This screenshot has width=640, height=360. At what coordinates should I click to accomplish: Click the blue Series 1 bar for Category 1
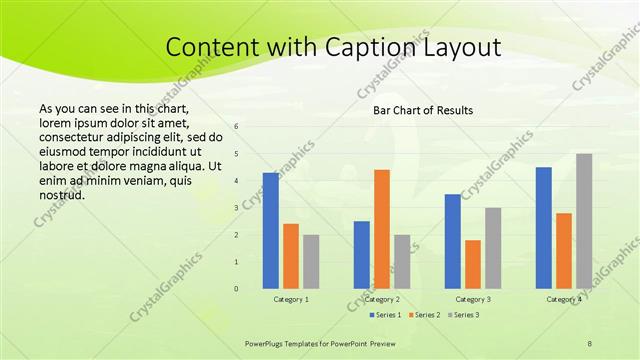click(271, 231)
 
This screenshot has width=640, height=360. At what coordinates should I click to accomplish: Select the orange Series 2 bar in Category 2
click(381, 229)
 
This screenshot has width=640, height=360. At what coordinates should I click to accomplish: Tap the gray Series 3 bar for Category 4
click(584, 221)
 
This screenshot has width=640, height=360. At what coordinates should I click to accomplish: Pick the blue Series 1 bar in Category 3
click(453, 241)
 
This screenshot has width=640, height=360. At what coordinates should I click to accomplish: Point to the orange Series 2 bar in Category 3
click(473, 264)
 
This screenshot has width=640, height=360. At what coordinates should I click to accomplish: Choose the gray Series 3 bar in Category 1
click(311, 262)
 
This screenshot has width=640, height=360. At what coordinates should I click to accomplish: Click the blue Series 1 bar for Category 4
click(544, 228)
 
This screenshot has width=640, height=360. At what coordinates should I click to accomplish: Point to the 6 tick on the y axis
click(237, 127)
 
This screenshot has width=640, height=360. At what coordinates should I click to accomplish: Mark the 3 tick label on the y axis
click(237, 208)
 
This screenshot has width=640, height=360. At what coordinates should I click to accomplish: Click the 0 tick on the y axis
click(237, 289)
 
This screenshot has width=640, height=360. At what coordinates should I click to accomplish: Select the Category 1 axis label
click(291, 299)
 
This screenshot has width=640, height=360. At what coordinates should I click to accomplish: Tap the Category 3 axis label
click(473, 299)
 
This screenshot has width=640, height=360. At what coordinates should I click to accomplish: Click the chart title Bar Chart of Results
click(423, 110)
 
